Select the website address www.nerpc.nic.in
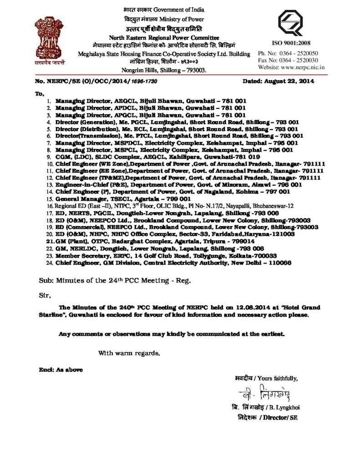click(x=304, y=67)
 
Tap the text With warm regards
click(x=129, y=353)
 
